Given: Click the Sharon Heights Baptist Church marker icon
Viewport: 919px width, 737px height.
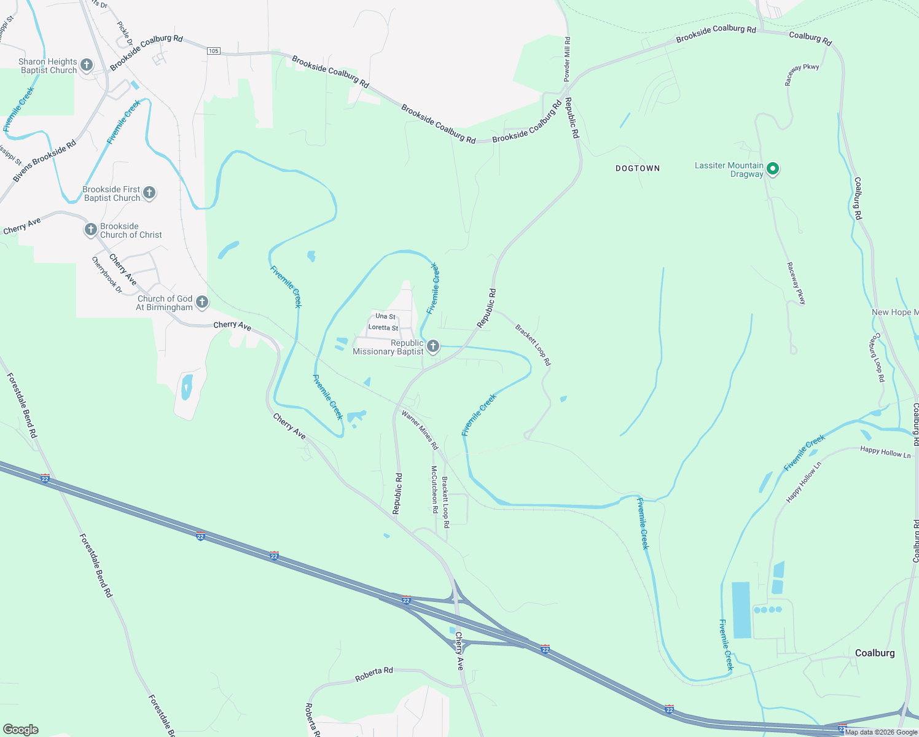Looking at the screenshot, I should click(x=87, y=65).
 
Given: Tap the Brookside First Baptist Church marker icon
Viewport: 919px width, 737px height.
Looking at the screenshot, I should click(x=149, y=193).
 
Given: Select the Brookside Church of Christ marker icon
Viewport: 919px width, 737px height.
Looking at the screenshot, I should click(x=91, y=230).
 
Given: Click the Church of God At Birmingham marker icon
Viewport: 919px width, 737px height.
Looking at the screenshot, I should click(x=202, y=302).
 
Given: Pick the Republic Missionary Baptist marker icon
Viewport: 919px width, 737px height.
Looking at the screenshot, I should click(x=433, y=347).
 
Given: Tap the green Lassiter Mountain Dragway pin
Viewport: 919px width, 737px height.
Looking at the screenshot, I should click(x=773, y=169).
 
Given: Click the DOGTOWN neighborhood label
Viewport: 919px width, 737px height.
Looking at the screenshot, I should click(x=638, y=168).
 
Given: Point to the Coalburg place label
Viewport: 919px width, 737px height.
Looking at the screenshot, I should click(x=875, y=653).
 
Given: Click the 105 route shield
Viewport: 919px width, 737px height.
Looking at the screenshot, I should click(x=213, y=51).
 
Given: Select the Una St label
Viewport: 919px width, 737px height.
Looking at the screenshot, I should click(x=385, y=316).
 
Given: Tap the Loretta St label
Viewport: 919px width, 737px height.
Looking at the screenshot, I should click(x=383, y=328).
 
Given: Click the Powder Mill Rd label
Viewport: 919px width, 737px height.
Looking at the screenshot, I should click(x=567, y=59).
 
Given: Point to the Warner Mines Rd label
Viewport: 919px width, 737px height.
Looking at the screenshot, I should click(x=420, y=429).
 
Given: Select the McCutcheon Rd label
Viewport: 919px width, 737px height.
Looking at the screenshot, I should click(x=434, y=489).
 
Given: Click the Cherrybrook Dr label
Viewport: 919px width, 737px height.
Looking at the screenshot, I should click(x=106, y=275).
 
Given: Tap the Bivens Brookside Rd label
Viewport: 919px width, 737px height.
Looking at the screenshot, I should click(x=44, y=161).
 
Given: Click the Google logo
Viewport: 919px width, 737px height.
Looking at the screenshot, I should click(x=20, y=730).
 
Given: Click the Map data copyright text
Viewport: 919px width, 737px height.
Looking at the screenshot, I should click(x=880, y=732).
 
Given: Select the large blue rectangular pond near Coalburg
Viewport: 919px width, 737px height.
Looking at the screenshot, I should click(x=741, y=610).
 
